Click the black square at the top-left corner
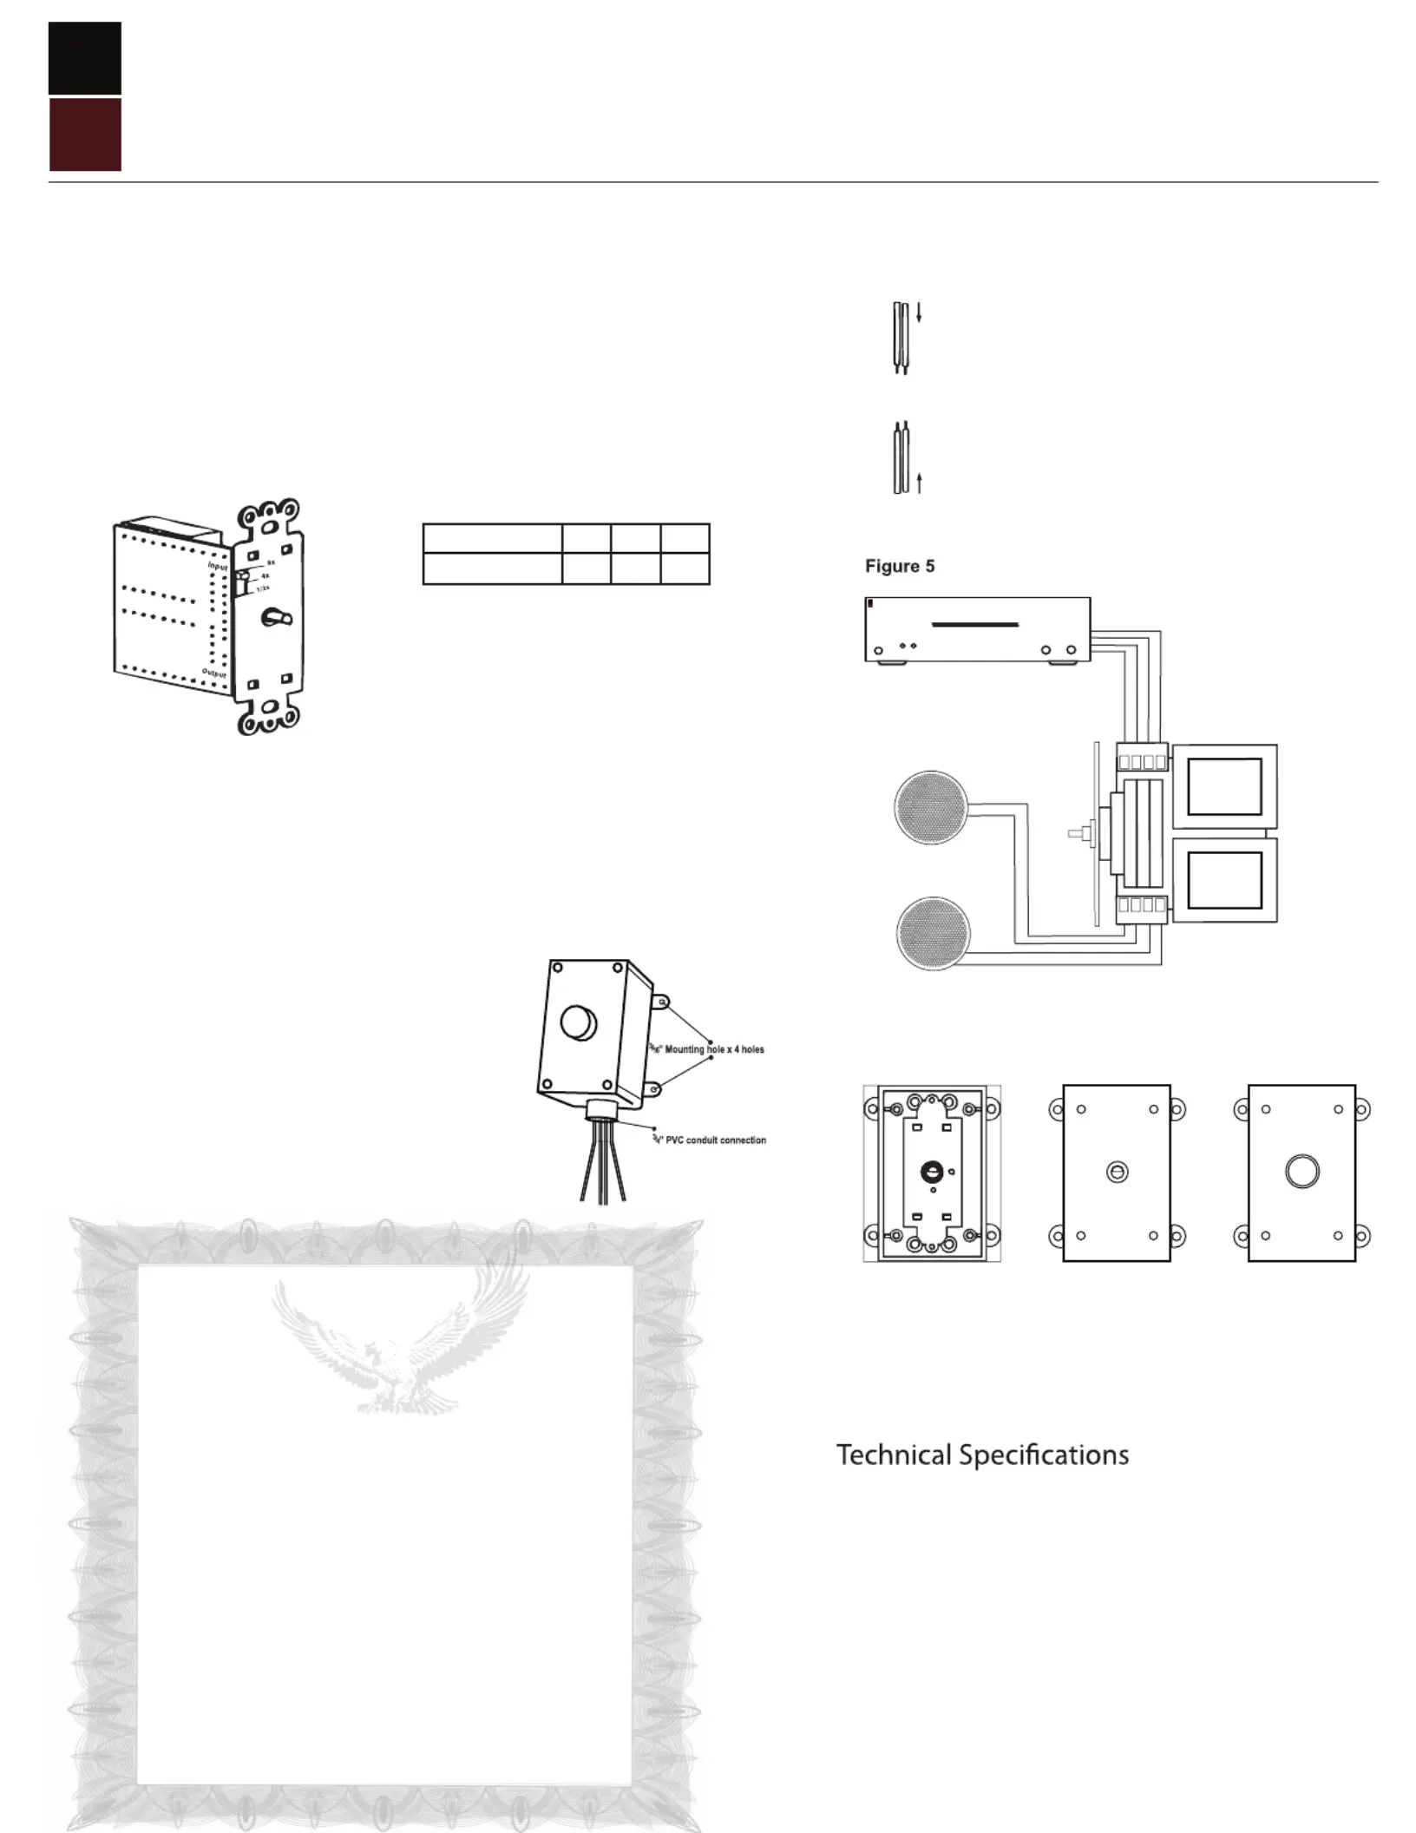point(84,58)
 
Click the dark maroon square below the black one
point(84,135)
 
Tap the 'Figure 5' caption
point(900,567)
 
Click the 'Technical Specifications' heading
point(982,1455)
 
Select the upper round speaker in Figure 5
point(931,807)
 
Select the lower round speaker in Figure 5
point(933,933)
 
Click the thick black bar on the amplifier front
point(974,624)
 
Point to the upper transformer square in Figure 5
point(1224,786)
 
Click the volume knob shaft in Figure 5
point(1081,835)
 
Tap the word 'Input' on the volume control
point(217,566)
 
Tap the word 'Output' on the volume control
point(214,673)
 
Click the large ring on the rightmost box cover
point(1301,1172)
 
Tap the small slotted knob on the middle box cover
point(1118,1173)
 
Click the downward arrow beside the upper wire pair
point(919,313)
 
